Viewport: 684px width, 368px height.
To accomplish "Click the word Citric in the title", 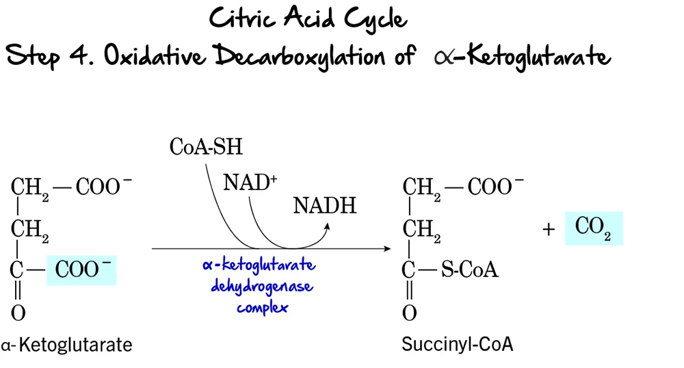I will click(x=242, y=18).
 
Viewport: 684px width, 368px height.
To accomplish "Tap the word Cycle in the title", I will click(x=374, y=21).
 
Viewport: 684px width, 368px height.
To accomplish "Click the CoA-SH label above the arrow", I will click(x=206, y=146).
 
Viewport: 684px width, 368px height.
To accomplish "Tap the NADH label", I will click(x=325, y=205).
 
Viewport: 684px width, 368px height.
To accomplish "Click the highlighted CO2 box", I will click(x=594, y=228).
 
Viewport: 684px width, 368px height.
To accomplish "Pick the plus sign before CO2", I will click(x=548, y=230).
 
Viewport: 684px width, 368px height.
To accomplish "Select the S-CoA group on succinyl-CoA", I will click(x=469, y=270).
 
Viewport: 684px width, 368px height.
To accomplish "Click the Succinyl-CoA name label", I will click(x=457, y=344).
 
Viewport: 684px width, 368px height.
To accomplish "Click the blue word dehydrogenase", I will click(x=262, y=286).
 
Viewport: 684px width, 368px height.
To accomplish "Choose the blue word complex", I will click(x=263, y=307).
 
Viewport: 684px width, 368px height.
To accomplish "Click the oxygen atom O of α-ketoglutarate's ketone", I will click(x=18, y=313).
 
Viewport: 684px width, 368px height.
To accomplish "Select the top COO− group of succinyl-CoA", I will click(x=496, y=186).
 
